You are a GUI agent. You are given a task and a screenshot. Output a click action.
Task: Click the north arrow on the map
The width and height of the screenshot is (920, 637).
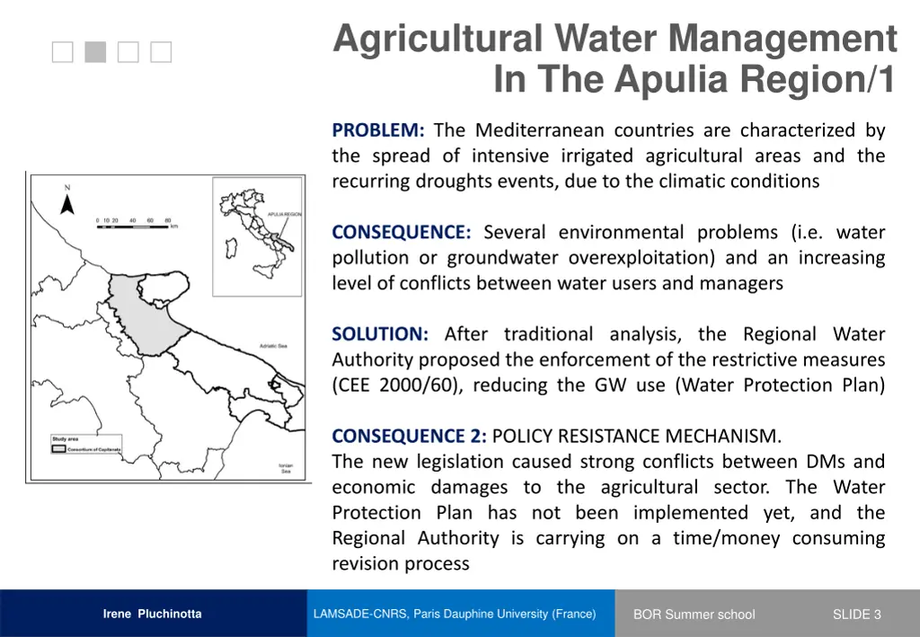(66, 204)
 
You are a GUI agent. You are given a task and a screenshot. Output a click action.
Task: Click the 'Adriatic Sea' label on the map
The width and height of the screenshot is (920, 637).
(273, 346)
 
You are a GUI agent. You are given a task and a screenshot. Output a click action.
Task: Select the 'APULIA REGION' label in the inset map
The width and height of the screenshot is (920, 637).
(285, 215)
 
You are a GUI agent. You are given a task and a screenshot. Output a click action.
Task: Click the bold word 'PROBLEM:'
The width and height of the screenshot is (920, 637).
(378, 130)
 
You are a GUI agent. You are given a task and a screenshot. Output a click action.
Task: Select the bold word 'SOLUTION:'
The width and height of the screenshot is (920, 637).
(380, 334)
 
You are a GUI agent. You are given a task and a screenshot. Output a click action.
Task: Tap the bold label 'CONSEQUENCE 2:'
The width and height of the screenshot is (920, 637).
(409, 437)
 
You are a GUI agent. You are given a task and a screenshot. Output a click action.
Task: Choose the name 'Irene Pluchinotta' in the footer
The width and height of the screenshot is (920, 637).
(152, 615)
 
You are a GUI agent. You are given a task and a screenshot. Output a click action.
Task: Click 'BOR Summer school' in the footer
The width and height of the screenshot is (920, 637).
(694, 615)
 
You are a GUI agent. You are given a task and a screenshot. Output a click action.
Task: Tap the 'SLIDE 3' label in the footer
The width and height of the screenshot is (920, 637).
(856, 615)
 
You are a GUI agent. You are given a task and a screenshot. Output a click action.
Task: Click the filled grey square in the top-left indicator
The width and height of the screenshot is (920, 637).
(95, 53)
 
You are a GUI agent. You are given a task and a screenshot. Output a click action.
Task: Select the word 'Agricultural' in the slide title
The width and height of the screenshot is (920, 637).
(438, 39)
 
